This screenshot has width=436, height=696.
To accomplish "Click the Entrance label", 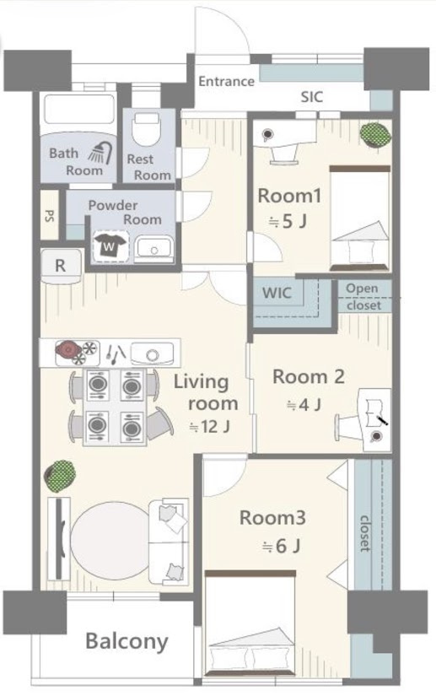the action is click(x=226, y=81).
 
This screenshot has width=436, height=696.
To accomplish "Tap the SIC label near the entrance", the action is click(x=312, y=97).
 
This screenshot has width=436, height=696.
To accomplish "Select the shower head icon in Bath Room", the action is click(x=100, y=153).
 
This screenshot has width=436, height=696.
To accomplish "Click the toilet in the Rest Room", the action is click(x=147, y=129).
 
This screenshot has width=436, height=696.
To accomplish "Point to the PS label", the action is click(x=50, y=216).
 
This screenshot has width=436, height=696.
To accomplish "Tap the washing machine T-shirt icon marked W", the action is click(x=110, y=245).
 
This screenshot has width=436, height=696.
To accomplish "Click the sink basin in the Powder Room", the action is click(x=153, y=249).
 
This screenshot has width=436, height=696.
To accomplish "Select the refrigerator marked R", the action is click(x=61, y=267).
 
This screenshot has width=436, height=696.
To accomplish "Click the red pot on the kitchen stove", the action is click(x=67, y=350).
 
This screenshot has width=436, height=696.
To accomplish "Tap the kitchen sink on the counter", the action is click(x=152, y=353).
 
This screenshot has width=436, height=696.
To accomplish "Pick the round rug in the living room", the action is click(x=110, y=540).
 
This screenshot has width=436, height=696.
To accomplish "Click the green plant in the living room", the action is click(x=59, y=477).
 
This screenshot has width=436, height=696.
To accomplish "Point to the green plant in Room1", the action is click(x=374, y=134).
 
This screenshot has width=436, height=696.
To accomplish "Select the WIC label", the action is click(x=277, y=293).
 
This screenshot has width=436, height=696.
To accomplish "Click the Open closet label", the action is click(x=363, y=296).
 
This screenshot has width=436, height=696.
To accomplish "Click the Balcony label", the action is click(x=126, y=642).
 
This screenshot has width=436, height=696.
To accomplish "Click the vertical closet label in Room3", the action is click(x=364, y=533).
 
